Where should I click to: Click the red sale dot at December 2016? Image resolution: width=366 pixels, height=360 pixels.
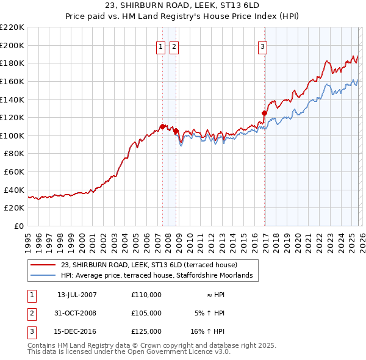point(264,113)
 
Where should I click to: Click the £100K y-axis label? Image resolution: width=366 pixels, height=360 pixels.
point(13,135)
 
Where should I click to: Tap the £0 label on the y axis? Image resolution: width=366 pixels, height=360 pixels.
point(18,226)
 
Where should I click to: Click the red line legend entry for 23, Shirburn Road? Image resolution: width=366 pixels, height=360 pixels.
point(152,265)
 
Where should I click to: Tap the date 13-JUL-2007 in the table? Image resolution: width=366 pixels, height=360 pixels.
point(77,294)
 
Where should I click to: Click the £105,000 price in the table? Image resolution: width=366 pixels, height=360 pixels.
point(146,313)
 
